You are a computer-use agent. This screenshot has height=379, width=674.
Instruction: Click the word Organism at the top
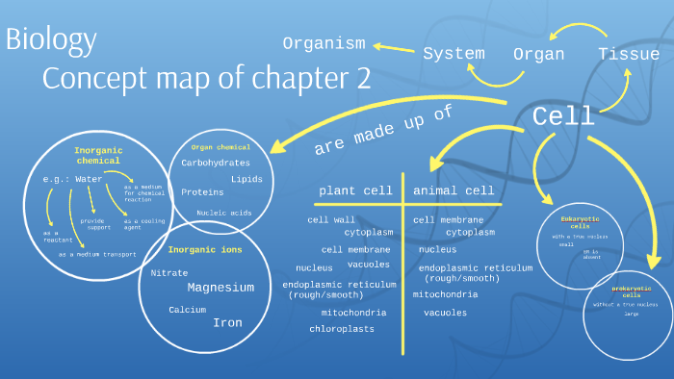(324, 43)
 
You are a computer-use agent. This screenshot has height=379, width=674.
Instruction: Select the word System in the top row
(454, 54)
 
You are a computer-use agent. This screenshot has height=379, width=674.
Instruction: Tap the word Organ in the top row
(538, 55)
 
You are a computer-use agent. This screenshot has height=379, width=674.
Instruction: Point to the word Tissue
(629, 54)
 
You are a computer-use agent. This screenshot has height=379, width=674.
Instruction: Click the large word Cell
(563, 117)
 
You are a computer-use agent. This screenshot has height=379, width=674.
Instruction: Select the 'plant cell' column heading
(357, 190)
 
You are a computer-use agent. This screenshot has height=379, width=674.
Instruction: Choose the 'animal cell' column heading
(454, 190)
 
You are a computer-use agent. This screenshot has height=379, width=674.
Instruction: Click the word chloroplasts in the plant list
(342, 329)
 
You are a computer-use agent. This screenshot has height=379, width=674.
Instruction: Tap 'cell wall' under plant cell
(331, 220)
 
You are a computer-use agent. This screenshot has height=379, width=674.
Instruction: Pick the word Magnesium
(220, 288)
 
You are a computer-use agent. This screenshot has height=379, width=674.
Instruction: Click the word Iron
(227, 323)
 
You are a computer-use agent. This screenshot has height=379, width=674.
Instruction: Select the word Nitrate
(169, 273)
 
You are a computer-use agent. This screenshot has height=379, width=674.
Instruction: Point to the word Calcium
(188, 310)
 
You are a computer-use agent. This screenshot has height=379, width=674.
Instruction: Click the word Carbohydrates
(216, 163)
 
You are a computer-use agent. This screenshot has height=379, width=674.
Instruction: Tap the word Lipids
(246, 179)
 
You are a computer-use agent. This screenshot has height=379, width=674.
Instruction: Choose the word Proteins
(202, 192)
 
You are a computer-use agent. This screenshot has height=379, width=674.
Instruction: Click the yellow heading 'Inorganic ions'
(205, 250)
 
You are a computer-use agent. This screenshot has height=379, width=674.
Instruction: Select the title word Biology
(51, 40)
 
